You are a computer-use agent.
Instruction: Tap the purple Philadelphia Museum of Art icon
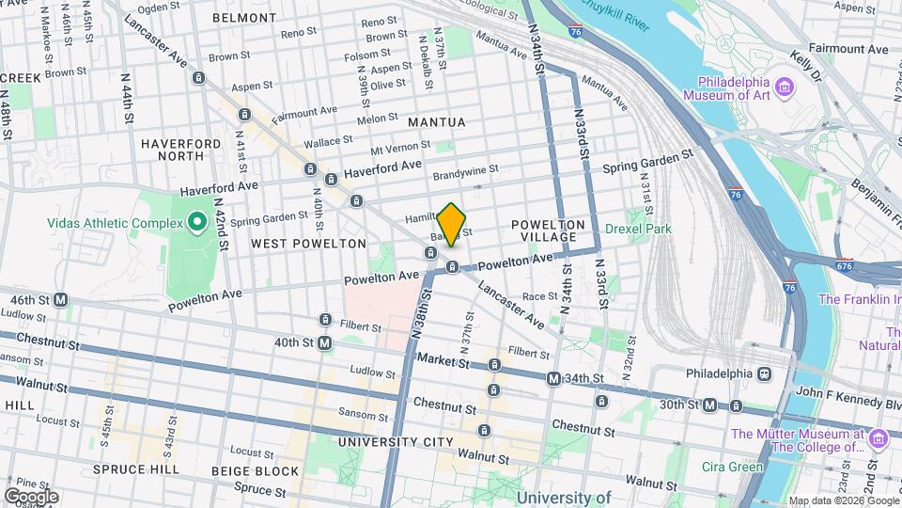(785, 89)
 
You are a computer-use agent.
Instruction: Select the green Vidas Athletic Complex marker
(196, 222)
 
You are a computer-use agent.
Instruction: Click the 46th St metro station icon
(61, 299)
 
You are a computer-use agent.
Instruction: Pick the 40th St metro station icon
(325, 343)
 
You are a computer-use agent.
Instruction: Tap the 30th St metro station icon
(710, 405)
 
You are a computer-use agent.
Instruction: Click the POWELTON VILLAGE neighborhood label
(548, 231)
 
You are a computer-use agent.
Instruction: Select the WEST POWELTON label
(308, 244)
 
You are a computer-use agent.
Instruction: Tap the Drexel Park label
(638, 229)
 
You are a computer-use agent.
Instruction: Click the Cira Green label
(732, 467)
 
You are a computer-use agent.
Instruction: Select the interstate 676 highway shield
(844, 266)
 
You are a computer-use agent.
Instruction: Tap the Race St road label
(539, 296)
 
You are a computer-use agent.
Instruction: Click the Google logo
(31, 496)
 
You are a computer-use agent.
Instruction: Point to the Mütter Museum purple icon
(879, 437)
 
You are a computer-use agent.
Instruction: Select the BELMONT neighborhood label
(243, 17)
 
